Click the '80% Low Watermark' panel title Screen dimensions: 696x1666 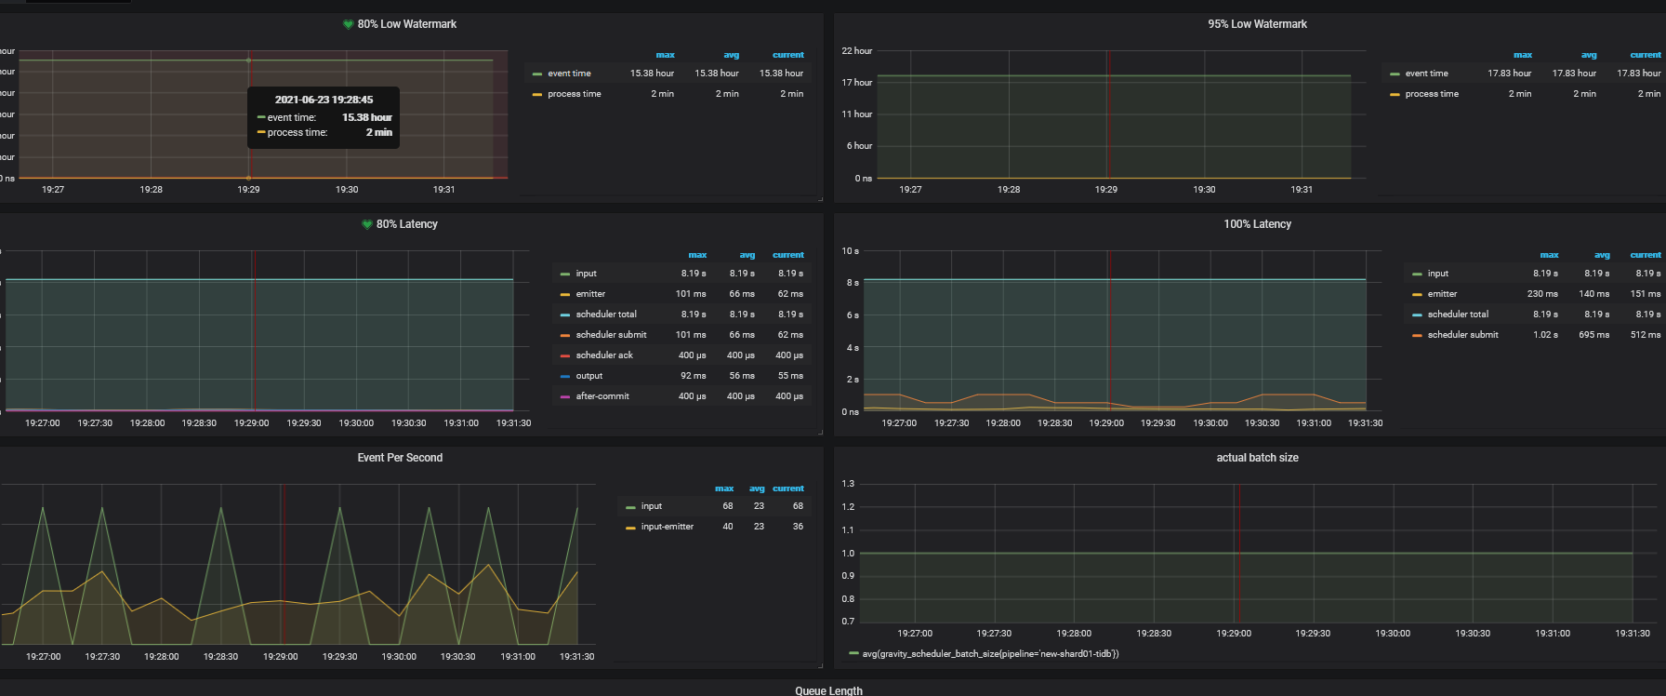pos(406,24)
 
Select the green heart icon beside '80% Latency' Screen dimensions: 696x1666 pos(367,224)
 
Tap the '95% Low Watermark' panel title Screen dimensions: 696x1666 pos(1257,24)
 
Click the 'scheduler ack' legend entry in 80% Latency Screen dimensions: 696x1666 pos(603,355)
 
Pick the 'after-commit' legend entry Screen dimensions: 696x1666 pos(602,396)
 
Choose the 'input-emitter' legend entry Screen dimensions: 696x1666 pos(667,527)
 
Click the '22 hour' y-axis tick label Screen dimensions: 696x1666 pos(856,51)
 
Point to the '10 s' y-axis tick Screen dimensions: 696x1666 pos(850,251)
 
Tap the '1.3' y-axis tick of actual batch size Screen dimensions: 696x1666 pos(848,484)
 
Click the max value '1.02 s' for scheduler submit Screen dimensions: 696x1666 pos(1545,335)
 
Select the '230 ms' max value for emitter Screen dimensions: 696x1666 pos(1542,294)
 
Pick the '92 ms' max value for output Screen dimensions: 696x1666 pos(693,376)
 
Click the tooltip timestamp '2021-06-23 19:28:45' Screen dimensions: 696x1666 pos(324,100)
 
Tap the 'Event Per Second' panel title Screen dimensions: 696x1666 pos(400,458)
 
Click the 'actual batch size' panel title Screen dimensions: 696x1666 pos(1257,458)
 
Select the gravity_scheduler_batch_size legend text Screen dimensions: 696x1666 pos(990,654)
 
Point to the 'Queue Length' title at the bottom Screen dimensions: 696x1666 pos(828,690)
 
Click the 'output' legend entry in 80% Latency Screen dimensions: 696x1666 pos(588,376)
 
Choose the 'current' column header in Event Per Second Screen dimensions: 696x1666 pos(787,489)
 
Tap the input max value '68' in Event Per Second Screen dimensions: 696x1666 pos(728,506)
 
